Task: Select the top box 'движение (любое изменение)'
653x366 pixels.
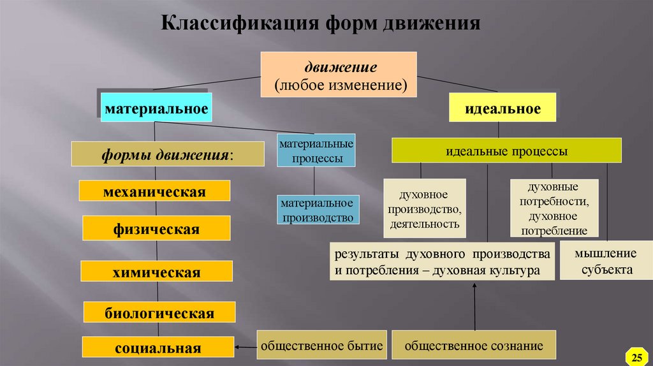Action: tap(339, 75)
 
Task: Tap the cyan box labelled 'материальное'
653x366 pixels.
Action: tap(156, 108)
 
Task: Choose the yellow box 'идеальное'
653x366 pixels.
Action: tap(503, 108)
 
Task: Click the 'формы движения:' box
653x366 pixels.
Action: tap(167, 155)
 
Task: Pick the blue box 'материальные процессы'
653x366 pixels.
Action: tap(316, 151)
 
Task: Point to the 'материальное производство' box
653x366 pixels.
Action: tap(317, 210)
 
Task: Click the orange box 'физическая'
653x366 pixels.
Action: tap(156, 228)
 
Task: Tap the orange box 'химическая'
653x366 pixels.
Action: tap(156, 272)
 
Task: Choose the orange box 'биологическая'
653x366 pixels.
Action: tap(159, 313)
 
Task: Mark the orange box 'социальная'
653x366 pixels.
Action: tap(158, 348)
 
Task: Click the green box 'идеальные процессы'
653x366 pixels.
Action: tap(506, 151)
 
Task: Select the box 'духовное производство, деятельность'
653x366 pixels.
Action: tap(424, 209)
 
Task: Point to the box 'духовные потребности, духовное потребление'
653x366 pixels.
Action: tap(554, 209)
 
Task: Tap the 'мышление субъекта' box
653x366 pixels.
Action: tap(603, 261)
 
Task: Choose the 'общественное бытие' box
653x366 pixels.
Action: tap(321, 346)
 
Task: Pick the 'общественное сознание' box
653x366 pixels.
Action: tap(474, 346)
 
